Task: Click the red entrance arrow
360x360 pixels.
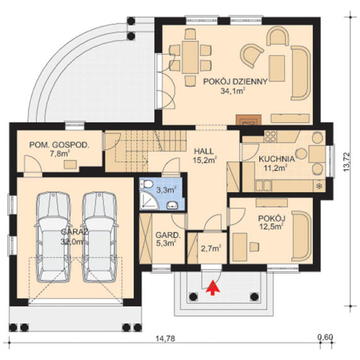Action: click(x=213, y=287)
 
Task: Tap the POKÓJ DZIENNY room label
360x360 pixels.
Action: click(x=236, y=82)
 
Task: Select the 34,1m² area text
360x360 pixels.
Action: click(x=232, y=91)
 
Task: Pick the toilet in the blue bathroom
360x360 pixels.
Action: click(x=147, y=183)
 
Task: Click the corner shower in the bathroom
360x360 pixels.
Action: click(x=149, y=200)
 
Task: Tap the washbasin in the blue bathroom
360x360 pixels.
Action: click(x=171, y=205)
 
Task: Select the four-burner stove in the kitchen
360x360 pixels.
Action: click(x=270, y=136)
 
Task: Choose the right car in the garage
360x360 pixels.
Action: click(x=100, y=237)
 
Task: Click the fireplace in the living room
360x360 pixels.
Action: click(x=248, y=120)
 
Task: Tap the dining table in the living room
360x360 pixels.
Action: click(x=190, y=57)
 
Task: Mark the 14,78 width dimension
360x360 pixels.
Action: click(x=165, y=338)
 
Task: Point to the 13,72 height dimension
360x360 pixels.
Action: click(x=347, y=162)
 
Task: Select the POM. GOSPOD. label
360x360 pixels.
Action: click(x=59, y=145)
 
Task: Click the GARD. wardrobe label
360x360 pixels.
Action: click(x=167, y=235)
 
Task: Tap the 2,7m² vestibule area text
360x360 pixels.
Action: click(x=211, y=248)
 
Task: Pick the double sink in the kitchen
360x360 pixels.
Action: click(x=264, y=186)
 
